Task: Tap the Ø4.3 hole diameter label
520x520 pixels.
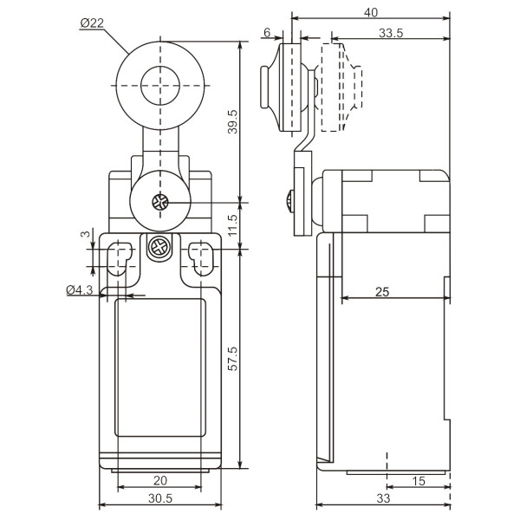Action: click(x=80, y=291)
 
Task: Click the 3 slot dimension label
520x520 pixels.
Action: click(x=85, y=234)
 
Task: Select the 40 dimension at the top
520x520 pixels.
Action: click(x=371, y=13)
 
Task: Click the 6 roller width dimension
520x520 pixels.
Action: click(x=268, y=33)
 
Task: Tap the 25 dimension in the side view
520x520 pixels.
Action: click(x=382, y=292)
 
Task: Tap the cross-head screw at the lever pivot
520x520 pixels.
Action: click(x=159, y=204)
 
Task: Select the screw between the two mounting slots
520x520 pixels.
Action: click(x=159, y=250)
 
